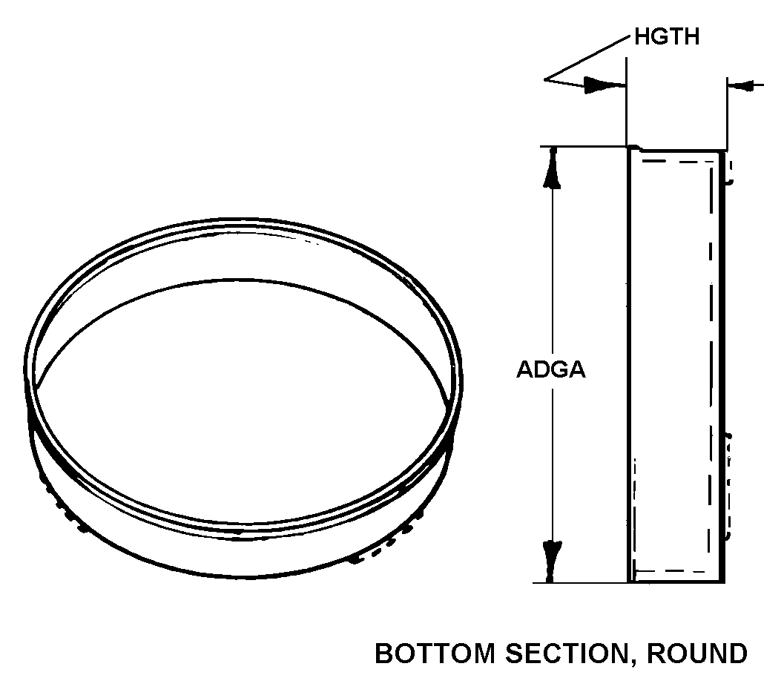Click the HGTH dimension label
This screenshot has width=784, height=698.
666,38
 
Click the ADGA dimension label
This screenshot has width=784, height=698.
551,370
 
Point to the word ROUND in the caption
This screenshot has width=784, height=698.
697,654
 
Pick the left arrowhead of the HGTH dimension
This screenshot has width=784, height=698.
602,85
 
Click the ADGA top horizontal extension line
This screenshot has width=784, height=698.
579,147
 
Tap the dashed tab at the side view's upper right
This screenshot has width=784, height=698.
729,171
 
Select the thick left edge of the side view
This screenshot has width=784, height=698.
629,363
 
